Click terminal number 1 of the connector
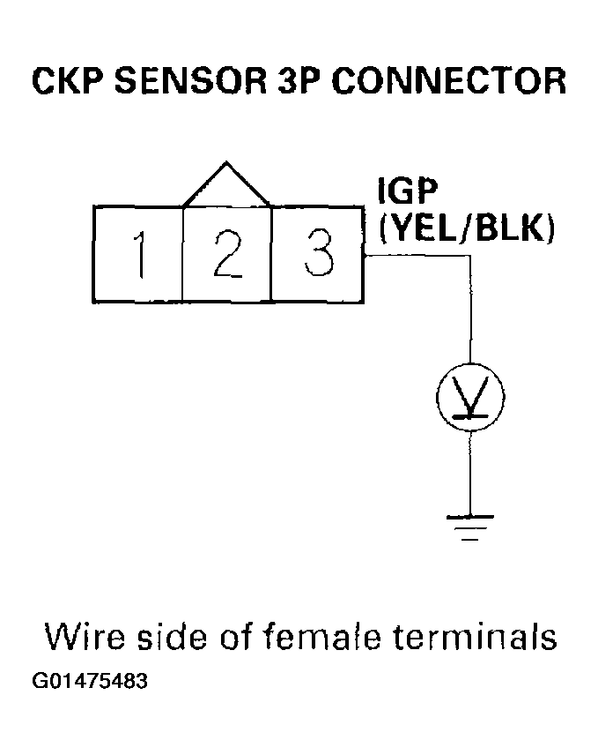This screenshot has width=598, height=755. click(x=137, y=254)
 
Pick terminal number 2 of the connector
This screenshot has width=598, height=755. click(x=227, y=254)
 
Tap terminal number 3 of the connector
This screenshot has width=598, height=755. click(x=318, y=254)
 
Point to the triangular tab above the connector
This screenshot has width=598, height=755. click(x=227, y=187)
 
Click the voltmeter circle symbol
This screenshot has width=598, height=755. click(x=470, y=398)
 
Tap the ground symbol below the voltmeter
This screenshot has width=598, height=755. click(x=470, y=526)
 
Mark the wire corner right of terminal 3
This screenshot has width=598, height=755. click(x=470, y=257)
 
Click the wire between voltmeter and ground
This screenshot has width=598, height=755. click(x=470, y=472)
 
